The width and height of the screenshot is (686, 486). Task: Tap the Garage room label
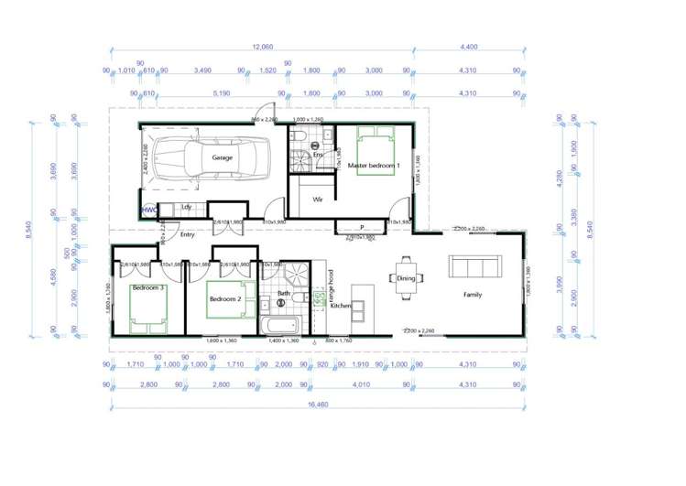(223, 157)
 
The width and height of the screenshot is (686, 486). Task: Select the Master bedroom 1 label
(373, 165)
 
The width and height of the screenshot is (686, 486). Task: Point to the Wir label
(318, 199)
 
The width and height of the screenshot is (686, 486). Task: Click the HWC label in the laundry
(149, 210)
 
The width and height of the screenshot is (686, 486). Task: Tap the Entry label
(188, 234)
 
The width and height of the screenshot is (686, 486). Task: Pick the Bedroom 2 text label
(224, 298)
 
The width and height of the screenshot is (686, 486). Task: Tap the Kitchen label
(341, 305)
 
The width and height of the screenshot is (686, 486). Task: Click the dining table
(405, 278)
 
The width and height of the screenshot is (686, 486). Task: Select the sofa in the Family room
(474, 266)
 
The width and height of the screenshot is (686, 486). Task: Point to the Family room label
(473, 295)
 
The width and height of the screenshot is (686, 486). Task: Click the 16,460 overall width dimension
(317, 404)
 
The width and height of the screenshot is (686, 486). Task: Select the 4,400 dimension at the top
(468, 47)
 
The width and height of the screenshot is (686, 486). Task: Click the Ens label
(319, 155)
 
